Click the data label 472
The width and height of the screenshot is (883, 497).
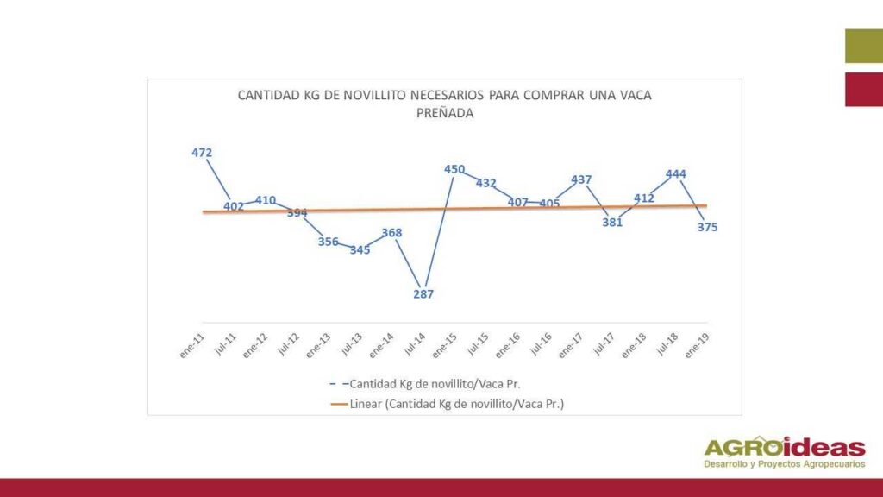click(x=202, y=153)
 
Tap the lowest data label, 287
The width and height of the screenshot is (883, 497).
click(x=423, y=294)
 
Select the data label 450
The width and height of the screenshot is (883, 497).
click(x=454, y=169)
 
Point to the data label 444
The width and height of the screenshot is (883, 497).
click(x=676, y=174)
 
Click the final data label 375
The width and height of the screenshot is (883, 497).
click(x=708, y=227)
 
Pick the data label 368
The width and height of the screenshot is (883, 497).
click(x=391, y=232)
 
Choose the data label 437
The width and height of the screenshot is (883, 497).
click(x=581, y=180)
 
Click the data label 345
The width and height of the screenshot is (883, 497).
click(x=360, y=250)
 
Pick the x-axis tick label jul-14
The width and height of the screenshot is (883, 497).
click(x=414, y=346)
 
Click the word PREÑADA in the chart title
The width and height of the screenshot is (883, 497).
click(x=445, y=112)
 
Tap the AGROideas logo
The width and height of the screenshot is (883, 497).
click(x=785, y=452)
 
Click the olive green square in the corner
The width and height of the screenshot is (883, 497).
click(x=863, y=47)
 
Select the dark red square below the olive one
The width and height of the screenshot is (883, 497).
click(x=863, y=90)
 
